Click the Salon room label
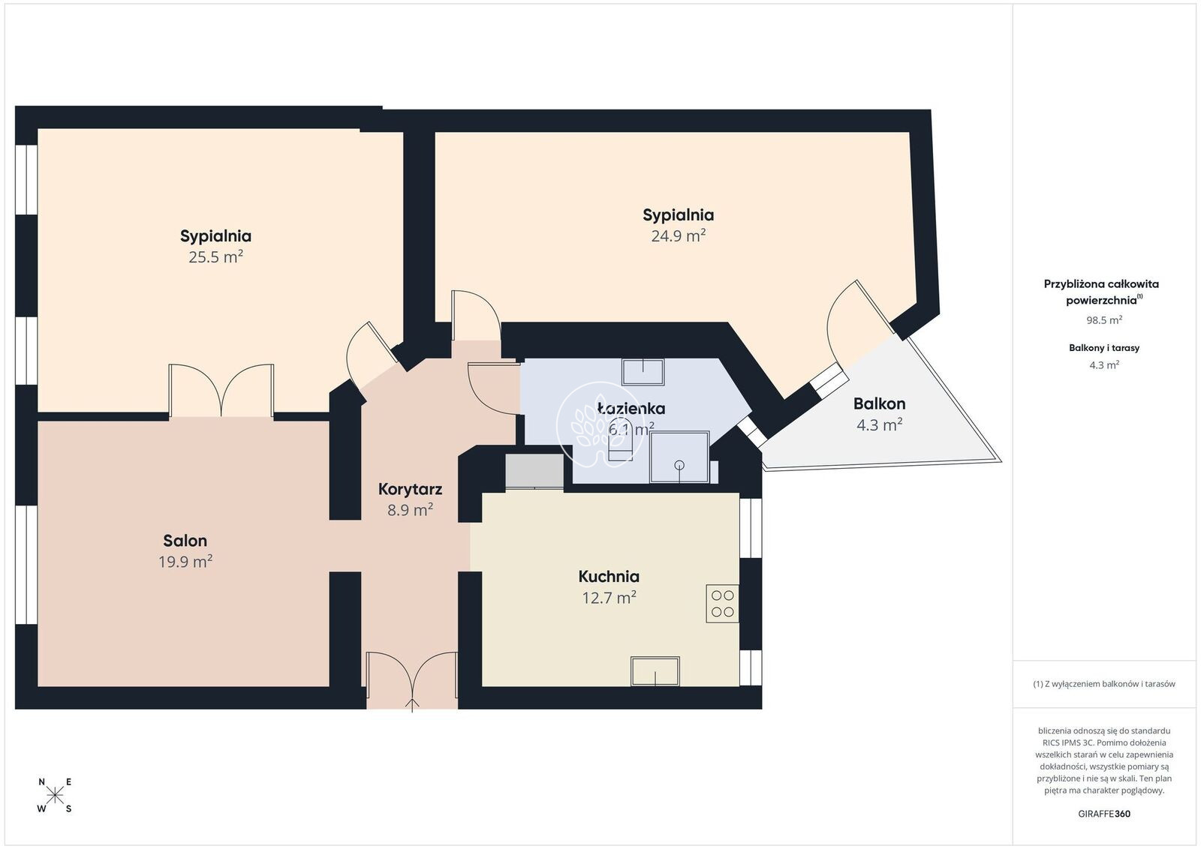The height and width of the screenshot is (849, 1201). [185, 541]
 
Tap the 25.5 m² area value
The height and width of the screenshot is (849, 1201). [215, 257]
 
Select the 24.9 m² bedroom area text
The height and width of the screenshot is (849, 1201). [679, 235]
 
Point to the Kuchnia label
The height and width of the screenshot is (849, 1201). [609, 576]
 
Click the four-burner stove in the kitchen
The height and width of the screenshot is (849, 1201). [722, 604]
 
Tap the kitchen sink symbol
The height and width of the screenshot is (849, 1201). [655, 671]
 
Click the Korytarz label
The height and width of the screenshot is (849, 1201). [410, 489]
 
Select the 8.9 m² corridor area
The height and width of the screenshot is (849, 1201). [410, 509]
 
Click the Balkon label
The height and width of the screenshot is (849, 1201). [879, 403]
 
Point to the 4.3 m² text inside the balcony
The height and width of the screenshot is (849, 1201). [879, 424]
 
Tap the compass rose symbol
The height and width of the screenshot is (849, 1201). [56, 796]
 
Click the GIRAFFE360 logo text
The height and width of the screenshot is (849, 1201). [1104, 814]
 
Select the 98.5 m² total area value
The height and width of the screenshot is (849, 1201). [1104, 319]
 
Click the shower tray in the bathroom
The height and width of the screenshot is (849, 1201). [679, 457]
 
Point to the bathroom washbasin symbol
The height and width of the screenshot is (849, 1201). [643, 372]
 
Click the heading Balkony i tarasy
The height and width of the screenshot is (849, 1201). [1104, 348]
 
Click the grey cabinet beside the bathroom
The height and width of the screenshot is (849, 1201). [534, 471]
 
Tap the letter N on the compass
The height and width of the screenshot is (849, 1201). [42, 782]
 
